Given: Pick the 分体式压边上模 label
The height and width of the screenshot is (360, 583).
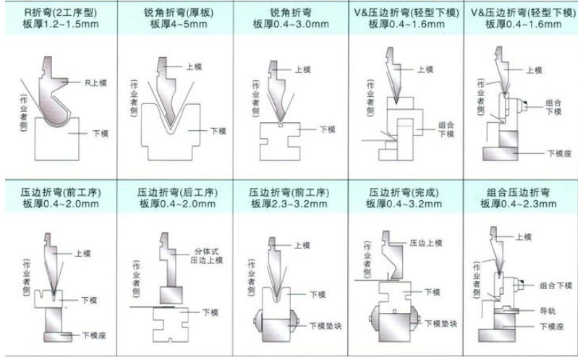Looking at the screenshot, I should (x=206, y=256).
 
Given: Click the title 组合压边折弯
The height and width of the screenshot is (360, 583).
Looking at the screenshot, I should (x=524, y=194).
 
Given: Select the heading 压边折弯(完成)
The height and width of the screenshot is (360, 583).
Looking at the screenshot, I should (x=407, y=194).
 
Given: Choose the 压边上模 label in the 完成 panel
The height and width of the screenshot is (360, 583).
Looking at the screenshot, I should (x=424, y=243).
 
